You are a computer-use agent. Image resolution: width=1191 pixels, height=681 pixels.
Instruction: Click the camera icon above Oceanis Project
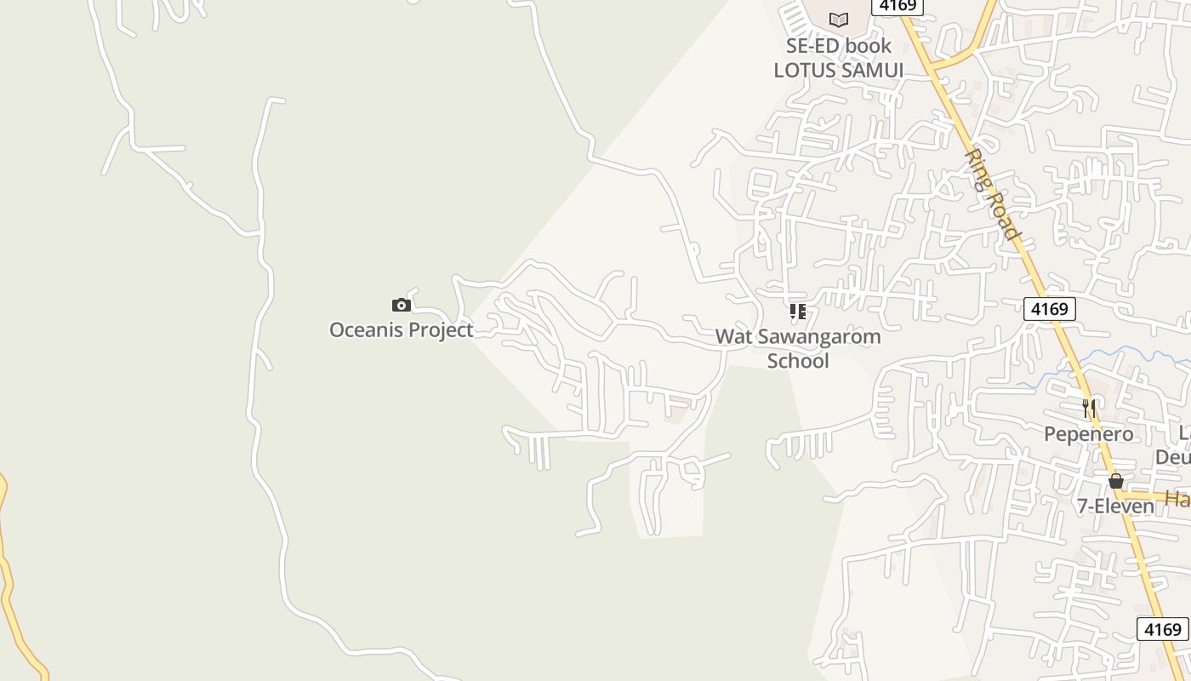coord(402,305)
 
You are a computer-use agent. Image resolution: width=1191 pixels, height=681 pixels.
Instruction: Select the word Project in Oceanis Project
coord(439,330)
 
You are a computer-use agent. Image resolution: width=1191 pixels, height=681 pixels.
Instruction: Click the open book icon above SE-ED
coord(839,20)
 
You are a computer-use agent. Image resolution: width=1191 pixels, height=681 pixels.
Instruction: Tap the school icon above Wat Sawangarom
coord(797,312)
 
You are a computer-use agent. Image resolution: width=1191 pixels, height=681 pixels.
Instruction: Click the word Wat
coord(733,336)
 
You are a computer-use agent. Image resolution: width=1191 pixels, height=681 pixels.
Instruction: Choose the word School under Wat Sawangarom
coord(798,361)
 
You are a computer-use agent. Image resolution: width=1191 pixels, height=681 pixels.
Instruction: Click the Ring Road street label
coord(993,195)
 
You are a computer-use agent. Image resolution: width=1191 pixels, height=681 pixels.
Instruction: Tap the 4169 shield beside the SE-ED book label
coord(898,6)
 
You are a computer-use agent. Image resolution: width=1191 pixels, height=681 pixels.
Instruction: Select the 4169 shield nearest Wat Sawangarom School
coord(1049,308)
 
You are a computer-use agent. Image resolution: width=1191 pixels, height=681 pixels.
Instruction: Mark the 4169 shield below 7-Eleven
coord(1162,629)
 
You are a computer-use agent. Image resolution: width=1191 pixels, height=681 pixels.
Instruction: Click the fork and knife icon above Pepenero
coord(1089,409)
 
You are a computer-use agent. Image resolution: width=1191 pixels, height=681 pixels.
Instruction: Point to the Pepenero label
coord(1088,434)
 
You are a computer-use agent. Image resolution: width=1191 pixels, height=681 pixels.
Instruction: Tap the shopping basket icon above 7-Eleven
coord(1116,481)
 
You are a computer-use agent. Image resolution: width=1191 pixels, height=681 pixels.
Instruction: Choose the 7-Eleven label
coord(1115,506)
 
